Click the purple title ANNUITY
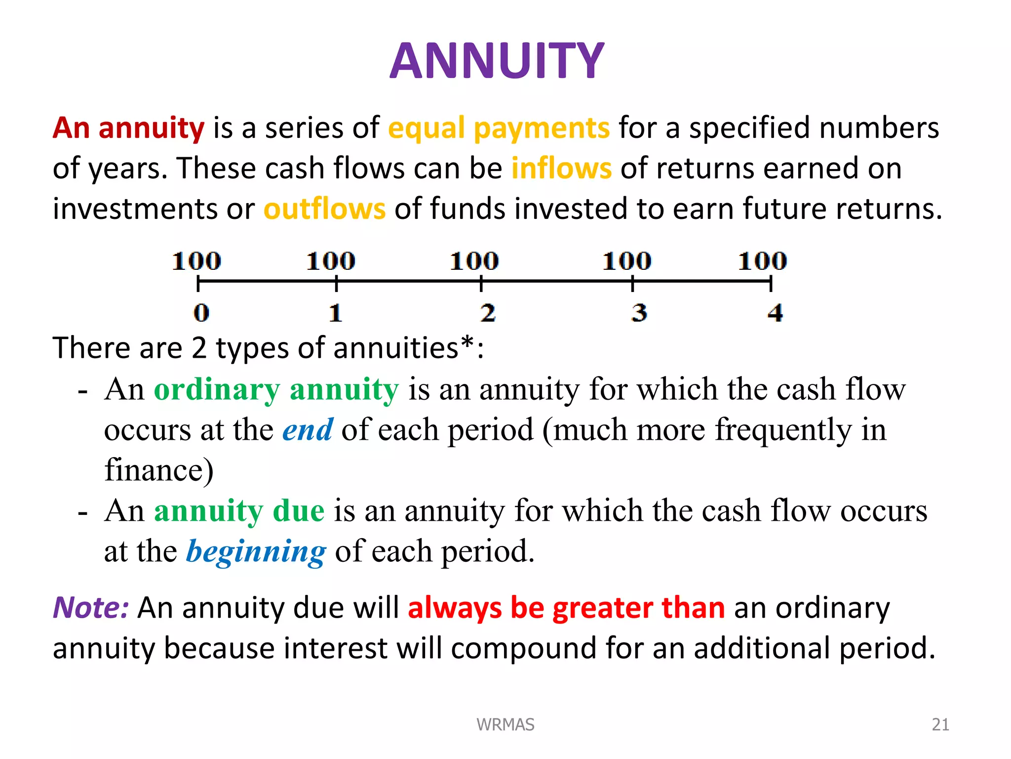pyautogui.click(x=497, y=61)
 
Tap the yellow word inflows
pyautogui.click(x=561, y=168)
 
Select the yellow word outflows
pyautogui.click(x=324, y=209)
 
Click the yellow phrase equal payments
pyautogui.click(x=499, y=128)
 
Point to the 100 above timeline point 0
pyautogui.click(x=196, y=261)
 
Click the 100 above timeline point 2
pyautogui.click(x=474, y=261)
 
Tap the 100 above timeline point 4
pyautogui.click(x=762, y=261)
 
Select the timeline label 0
pyautogui.click(x=201, y=313)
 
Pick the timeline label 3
pyautogui.click(x=639, y=313)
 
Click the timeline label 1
pyautogui.click(x=336, y=313)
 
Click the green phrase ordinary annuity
pyautogui.click(x=276, y=390)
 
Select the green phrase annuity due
pyautogui.click(x=239, y=510)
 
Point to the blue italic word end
pyautogui.click(x=308, y=429)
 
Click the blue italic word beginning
pyautogui.click(x=256, y=551)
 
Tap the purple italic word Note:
pyautogui.click(x=91, y=607)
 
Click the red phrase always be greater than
pyautogui.click(x=566, y=607)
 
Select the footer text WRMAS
pyautogui.click(x=505, y=724)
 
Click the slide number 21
pyautogui.click(x=940, y=724)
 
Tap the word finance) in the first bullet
pyautogui.click(x=159, y=469)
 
